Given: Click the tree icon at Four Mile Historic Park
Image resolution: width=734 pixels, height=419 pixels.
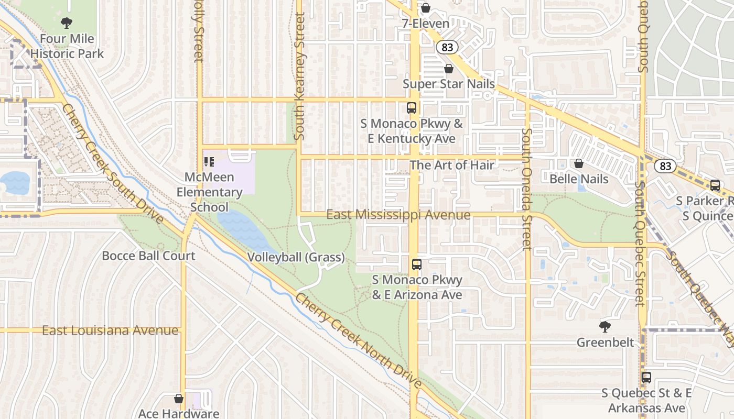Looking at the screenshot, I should (67, 23).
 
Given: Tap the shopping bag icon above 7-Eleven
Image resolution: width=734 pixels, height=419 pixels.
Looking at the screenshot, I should (426, 8).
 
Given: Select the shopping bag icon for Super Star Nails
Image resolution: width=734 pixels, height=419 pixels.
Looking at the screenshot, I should (449, 69).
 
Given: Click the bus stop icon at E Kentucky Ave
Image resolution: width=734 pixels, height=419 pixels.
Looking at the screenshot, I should (412, 108).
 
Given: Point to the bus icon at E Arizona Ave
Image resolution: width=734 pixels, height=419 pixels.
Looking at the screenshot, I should (417, 264).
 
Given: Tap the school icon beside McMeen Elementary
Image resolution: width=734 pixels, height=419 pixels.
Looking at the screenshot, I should (209, 162).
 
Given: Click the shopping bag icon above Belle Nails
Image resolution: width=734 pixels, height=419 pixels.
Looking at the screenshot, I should (579, 163).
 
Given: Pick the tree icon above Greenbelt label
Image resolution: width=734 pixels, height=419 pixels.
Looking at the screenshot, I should (605, 327).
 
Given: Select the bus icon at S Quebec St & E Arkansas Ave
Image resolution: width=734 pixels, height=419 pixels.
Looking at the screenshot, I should (646, 378).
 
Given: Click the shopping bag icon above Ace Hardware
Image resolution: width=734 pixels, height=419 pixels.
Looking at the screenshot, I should (179, 399).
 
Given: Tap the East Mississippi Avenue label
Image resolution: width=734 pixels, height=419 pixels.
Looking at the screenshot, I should (398, 215).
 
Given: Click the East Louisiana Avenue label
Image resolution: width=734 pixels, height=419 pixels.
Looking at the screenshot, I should (110, 330).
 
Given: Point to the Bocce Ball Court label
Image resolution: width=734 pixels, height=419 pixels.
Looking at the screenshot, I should (148, 256).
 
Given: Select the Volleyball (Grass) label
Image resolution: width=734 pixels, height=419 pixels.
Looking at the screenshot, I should (296, 257).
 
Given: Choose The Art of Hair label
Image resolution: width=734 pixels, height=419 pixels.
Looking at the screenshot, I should (451, 165).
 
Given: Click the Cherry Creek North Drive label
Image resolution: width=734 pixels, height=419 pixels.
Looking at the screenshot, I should (358, 341).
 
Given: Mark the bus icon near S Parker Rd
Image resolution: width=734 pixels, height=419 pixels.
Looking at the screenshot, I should (715, 185).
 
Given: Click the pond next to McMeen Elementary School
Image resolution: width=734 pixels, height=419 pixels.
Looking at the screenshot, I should (244, 230).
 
